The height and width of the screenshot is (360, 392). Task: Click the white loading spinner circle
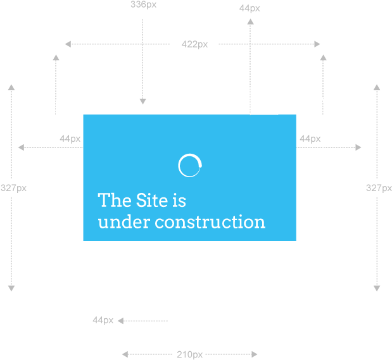pos(179,165)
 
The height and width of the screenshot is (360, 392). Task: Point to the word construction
pos(210,222)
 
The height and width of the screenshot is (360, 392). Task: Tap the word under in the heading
pos(124,221)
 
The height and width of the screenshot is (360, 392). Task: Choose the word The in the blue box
pos(115,200)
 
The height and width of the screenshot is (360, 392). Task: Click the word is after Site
pos(179,201)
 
